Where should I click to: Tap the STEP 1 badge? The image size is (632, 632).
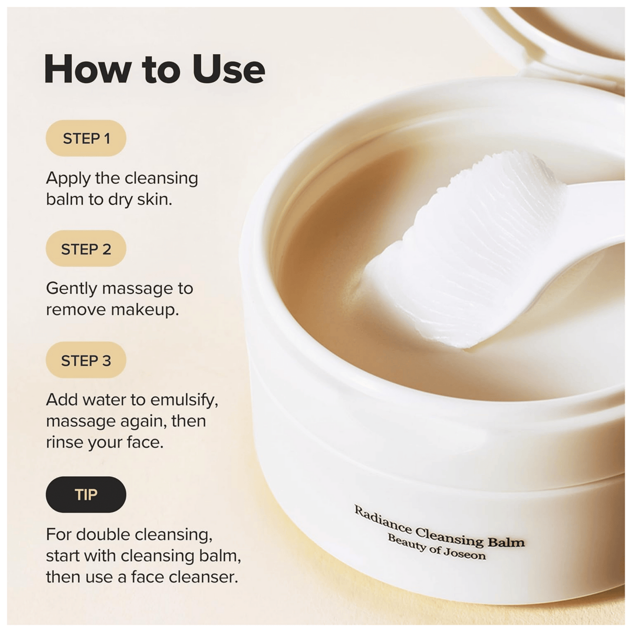coord(86,139)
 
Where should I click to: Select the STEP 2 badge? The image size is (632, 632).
coord(86,249)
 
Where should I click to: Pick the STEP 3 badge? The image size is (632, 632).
coord(86,361)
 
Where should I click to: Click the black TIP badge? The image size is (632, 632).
coord(86,495)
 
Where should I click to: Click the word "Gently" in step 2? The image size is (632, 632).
coord(72,289)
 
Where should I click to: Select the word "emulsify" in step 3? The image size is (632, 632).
coord(184,400)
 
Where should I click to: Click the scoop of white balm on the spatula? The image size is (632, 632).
coord(472,245)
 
